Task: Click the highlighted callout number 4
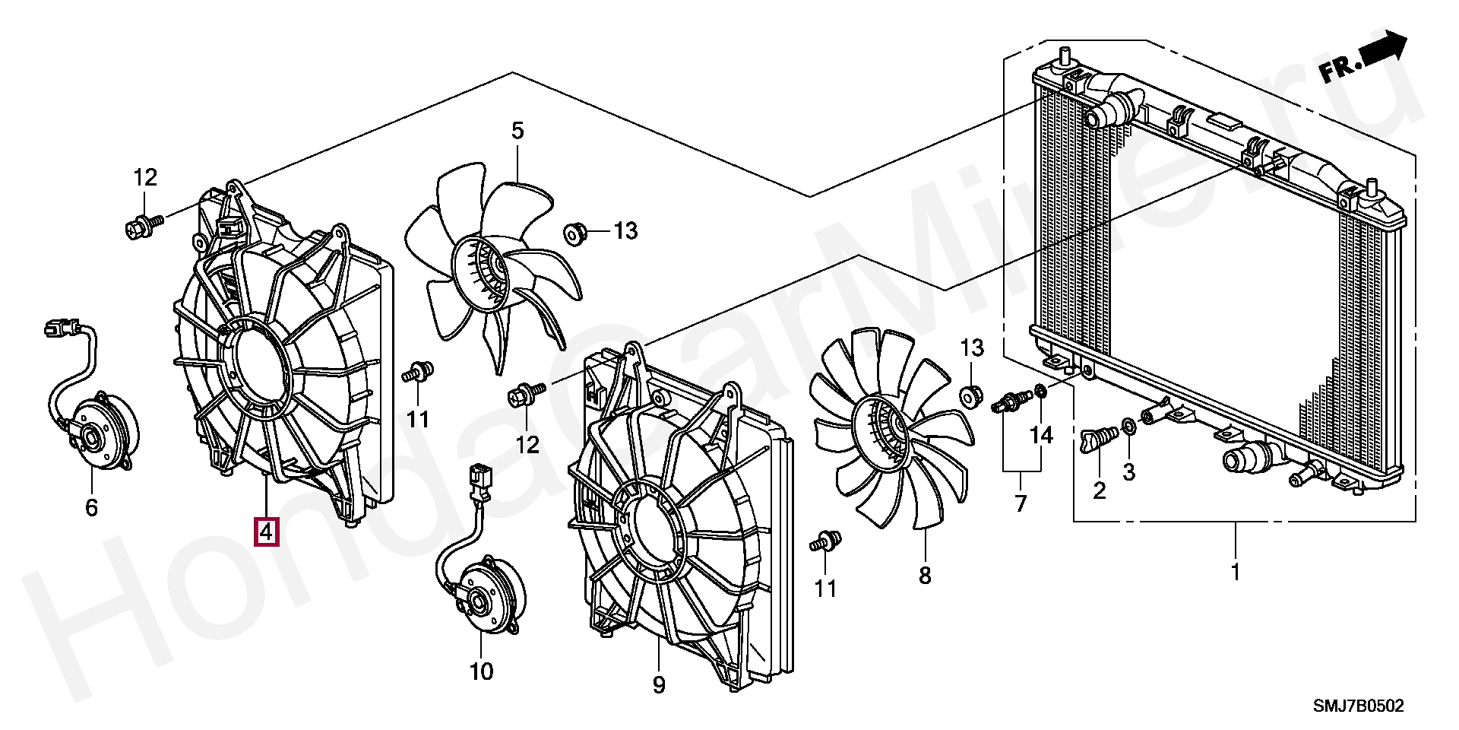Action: click(267, 532)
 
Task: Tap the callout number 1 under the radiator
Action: click(1236, 572)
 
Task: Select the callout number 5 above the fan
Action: click(517, 131)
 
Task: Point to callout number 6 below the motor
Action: click(91, 507)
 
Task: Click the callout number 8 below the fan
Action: click(925, 576)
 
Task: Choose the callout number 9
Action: click(658, 685)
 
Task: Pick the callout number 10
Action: click(482, 671)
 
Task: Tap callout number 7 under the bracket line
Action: click(1020, 503)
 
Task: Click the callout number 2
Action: click(1099, 490)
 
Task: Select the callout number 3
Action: click(1129, 472)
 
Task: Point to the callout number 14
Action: click(1042, 435)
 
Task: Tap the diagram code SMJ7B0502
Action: click(1359, 706)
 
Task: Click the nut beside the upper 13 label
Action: click(574, 232)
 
